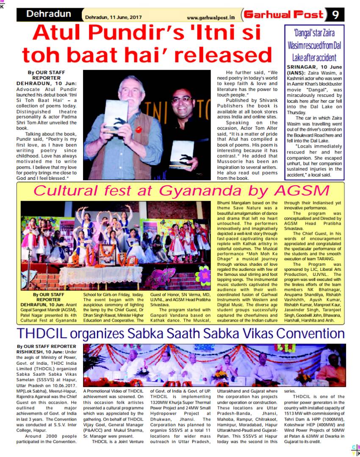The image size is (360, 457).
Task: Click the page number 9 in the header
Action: pyautogui.click(x=335, y=15)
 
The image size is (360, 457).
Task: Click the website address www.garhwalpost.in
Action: pyautogui.click(x=210, y=17)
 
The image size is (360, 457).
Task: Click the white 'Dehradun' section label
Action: pyautogui.click(x=49, y=14)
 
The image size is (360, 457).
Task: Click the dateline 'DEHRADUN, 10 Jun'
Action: pyautogui.click(x=47, y=84)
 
